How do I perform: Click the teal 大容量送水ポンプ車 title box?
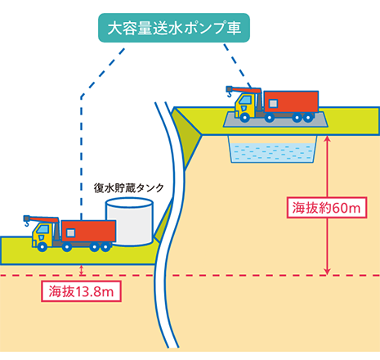pos(174,28)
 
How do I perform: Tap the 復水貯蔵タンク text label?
pos(129,188)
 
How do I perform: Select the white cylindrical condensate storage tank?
pos(129,222)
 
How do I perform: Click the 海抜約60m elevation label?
pos(326,208)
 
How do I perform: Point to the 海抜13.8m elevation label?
pos(81,291)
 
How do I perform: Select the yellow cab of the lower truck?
pos(43,234)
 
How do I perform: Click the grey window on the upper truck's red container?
pos(273,103)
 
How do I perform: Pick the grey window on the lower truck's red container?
pos(71,233)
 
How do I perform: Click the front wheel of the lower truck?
pos(42,247)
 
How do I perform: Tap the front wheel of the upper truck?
pos(244,118)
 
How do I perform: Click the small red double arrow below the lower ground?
pos(81,270)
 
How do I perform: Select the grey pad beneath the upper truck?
pos(275,119)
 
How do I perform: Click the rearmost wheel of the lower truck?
pos(105,247)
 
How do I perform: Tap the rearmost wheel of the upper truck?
pos(308,118)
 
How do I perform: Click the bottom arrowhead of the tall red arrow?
pos(327,272)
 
